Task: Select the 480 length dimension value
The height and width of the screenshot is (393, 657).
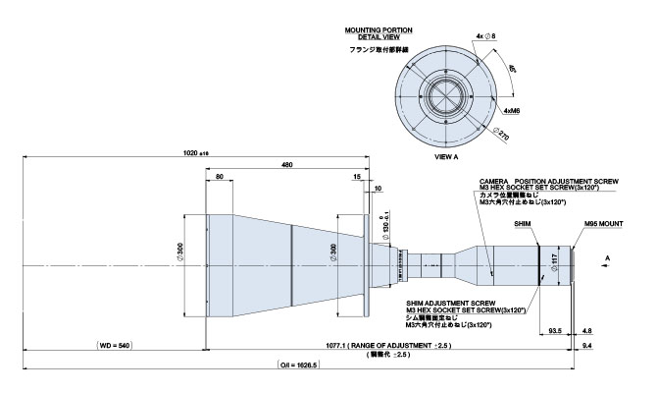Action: [287, 164]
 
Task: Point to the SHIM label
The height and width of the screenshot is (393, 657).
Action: [523, 224]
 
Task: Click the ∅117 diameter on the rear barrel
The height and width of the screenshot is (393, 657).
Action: [554, 261]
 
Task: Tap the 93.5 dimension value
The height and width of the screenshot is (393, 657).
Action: [555, 332]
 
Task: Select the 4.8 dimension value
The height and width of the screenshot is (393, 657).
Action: [587, 332]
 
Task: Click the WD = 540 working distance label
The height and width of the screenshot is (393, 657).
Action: [115, 346]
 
